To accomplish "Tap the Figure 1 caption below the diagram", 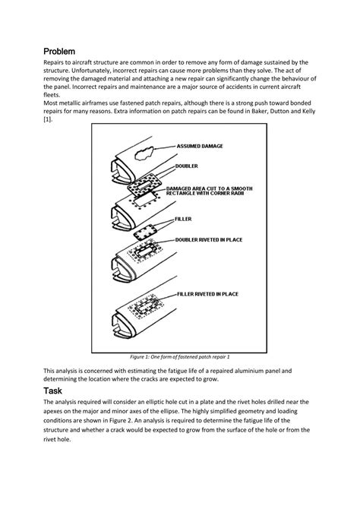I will click(x=180, y=356).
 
